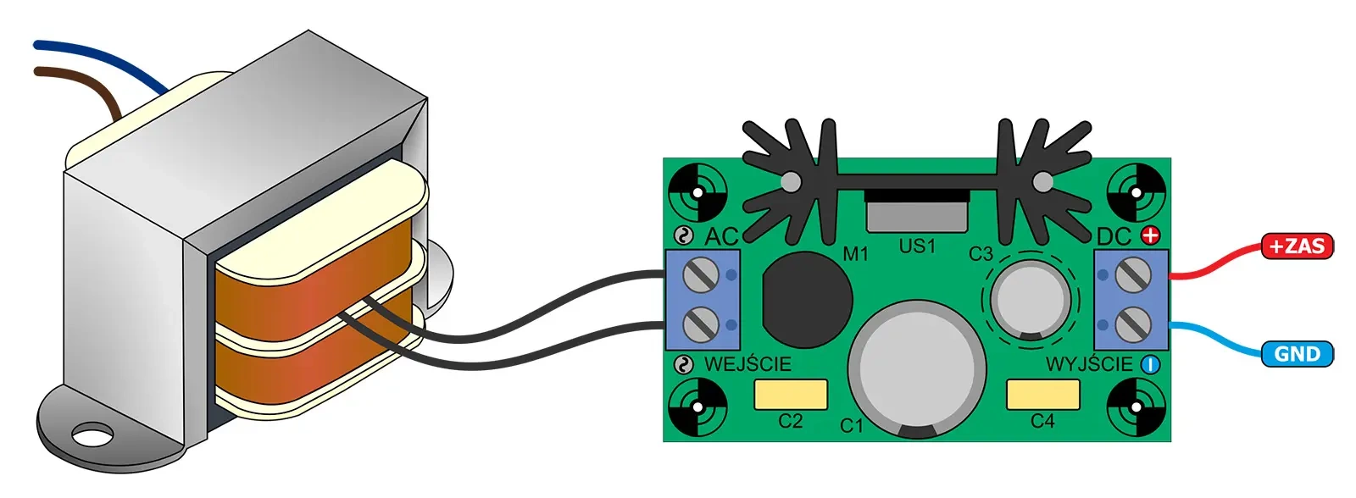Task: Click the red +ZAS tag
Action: click(x=1297, y=246)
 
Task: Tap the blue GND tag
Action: click(x=1297, y=354)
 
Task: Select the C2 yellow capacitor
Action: click(x=790, y=394)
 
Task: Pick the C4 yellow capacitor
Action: click(x=1042, y=394)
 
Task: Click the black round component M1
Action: click(x=807, y=298)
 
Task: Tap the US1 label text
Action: click(x=917, y=246)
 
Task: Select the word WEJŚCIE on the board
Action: click(x=747, y=364)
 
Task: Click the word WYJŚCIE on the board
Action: click(x=1089, y=364)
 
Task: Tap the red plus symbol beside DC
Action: click(x=1150, y=235)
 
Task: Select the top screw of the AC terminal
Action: click(x=702, y=274)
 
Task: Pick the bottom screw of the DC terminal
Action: click(x=1132, y=324)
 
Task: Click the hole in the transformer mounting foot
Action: click(x=92, y=435)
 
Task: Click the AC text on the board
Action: click(x=721, y=237)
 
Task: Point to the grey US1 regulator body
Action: click(x=917, y=217)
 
